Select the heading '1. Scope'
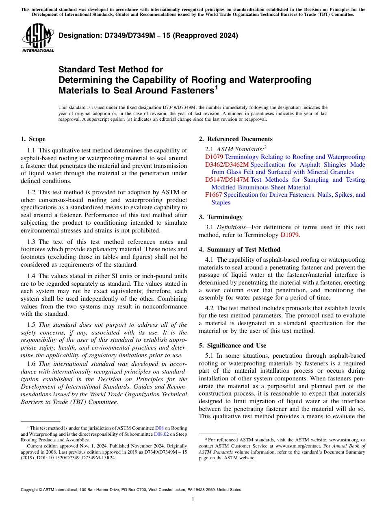pyautogui.click(x=33, y=139)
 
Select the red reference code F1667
pyautogui.click(x=214, y=195)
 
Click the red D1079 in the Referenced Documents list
pyautogui.click(x=214, y=157)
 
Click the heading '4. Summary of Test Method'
pyautogui.click(x=239, y=250)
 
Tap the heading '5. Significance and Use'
pyautogui.click(x=232, y=345)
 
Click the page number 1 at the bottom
pyautogui.click(x=193, y=500)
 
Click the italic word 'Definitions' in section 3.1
pyautogui.click(x=231, y=227)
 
